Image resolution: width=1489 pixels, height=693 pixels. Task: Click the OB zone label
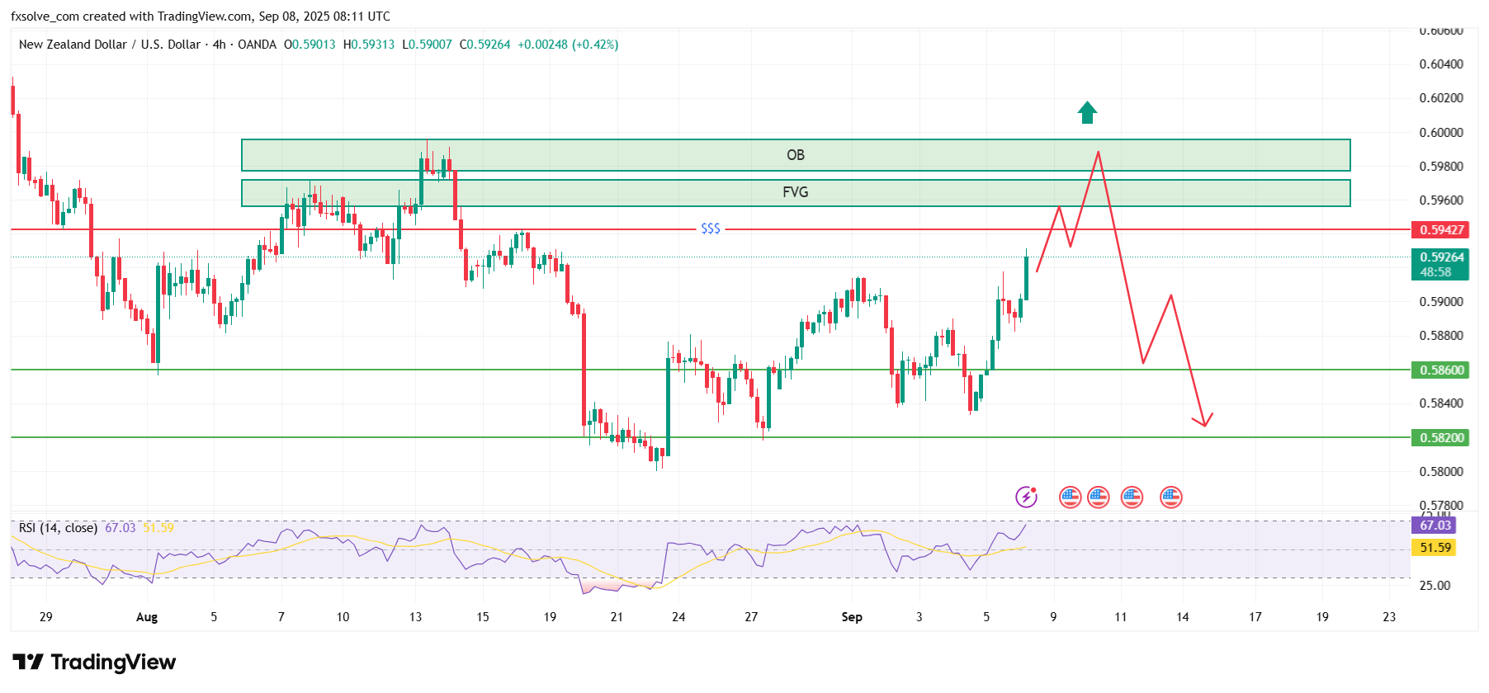click(795, 155)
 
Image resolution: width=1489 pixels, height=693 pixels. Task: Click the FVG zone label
click(795, 192)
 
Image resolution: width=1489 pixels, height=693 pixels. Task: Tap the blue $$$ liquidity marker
click(710, 229)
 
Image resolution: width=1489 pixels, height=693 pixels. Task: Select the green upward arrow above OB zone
click(1087, 112)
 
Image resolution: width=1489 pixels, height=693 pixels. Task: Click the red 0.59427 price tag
click(1441, 230)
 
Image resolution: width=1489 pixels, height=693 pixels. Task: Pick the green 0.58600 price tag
click(1441, 370)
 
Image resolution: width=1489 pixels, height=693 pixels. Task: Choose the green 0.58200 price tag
click(1441, 438)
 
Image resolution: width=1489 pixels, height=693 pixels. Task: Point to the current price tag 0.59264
click(1441, 257)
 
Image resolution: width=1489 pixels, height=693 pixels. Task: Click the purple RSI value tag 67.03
click(1435, 526)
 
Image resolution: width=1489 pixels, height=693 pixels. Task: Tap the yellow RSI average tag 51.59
click(1435, 548)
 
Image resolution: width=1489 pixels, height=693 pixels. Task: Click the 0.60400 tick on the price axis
click(1441, 64)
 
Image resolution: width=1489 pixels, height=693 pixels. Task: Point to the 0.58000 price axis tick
click(1441, 472)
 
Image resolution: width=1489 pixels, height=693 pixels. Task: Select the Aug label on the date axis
click(147, 617)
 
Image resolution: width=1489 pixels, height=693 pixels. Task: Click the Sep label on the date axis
click(852, 617)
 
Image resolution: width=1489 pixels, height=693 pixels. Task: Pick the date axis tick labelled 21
click(617, 617)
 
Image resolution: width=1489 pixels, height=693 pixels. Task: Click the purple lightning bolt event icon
click(1026, 497)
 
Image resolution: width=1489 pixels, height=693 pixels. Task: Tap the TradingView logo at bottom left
click(94, 662)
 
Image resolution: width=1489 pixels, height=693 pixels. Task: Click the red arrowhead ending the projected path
click(1205, 422)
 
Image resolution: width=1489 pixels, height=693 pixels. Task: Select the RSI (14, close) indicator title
click(58, 528)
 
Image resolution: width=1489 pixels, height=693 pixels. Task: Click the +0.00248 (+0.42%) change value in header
click(568, 45)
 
